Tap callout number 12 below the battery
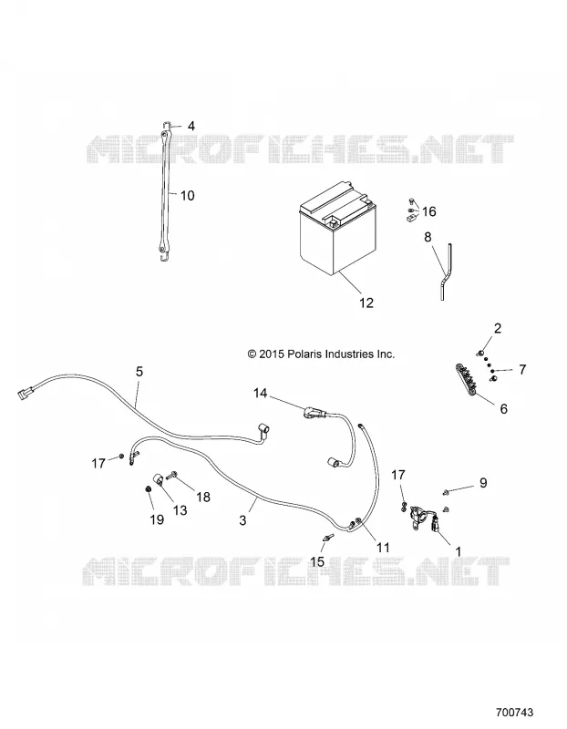pos(366,303)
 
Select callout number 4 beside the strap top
pos(191,126)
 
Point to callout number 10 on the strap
pos(187,196)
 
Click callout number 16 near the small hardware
pos(428,212)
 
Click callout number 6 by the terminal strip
pos(503,408)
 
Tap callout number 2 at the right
pos(498,328)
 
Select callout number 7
pos(522,370)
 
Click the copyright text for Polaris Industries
pos(322,354)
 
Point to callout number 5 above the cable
pos(139,372)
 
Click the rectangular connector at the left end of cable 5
pos(24,395)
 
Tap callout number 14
pos(261,394)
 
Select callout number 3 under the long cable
pos(242,519)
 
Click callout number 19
pos(157,519)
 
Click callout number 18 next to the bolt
pos(203,497)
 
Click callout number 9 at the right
pos(483,483)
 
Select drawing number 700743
pos(515,713)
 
